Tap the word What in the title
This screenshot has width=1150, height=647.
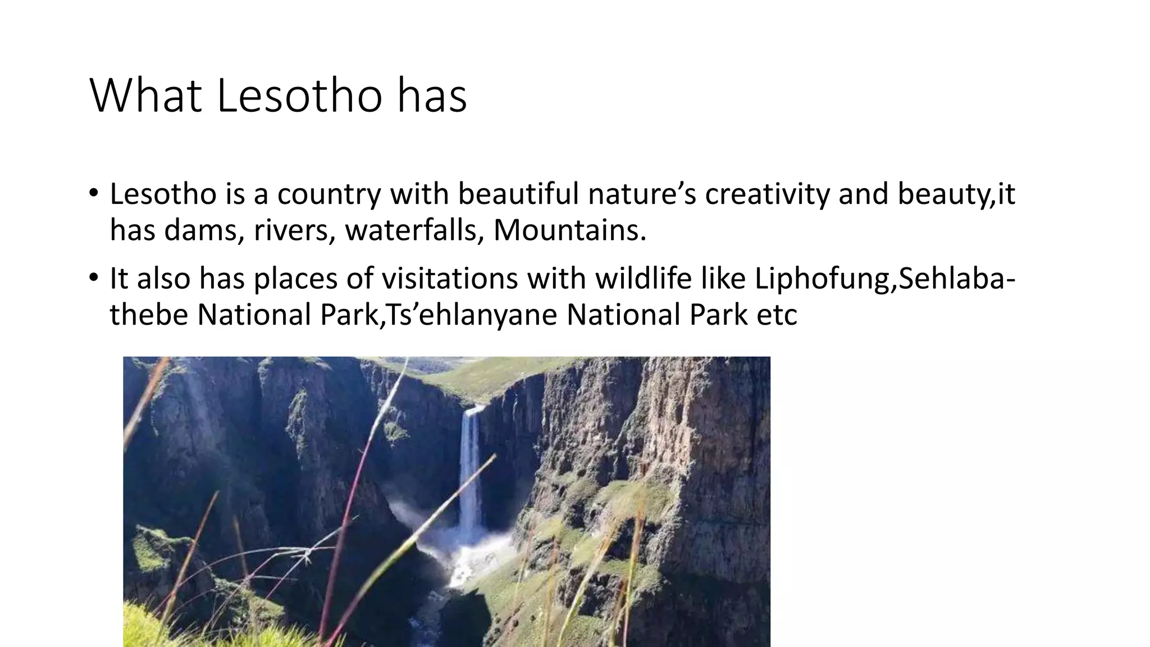(x=145, y=95)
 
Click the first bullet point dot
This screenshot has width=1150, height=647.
(x=93, y=194)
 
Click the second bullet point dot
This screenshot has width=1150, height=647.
(x=93, y=279)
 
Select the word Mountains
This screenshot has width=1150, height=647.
(x=569, y=230)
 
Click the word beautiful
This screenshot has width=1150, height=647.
(x=518, y=194)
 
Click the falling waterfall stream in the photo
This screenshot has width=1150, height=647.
(x=470, y=466)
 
